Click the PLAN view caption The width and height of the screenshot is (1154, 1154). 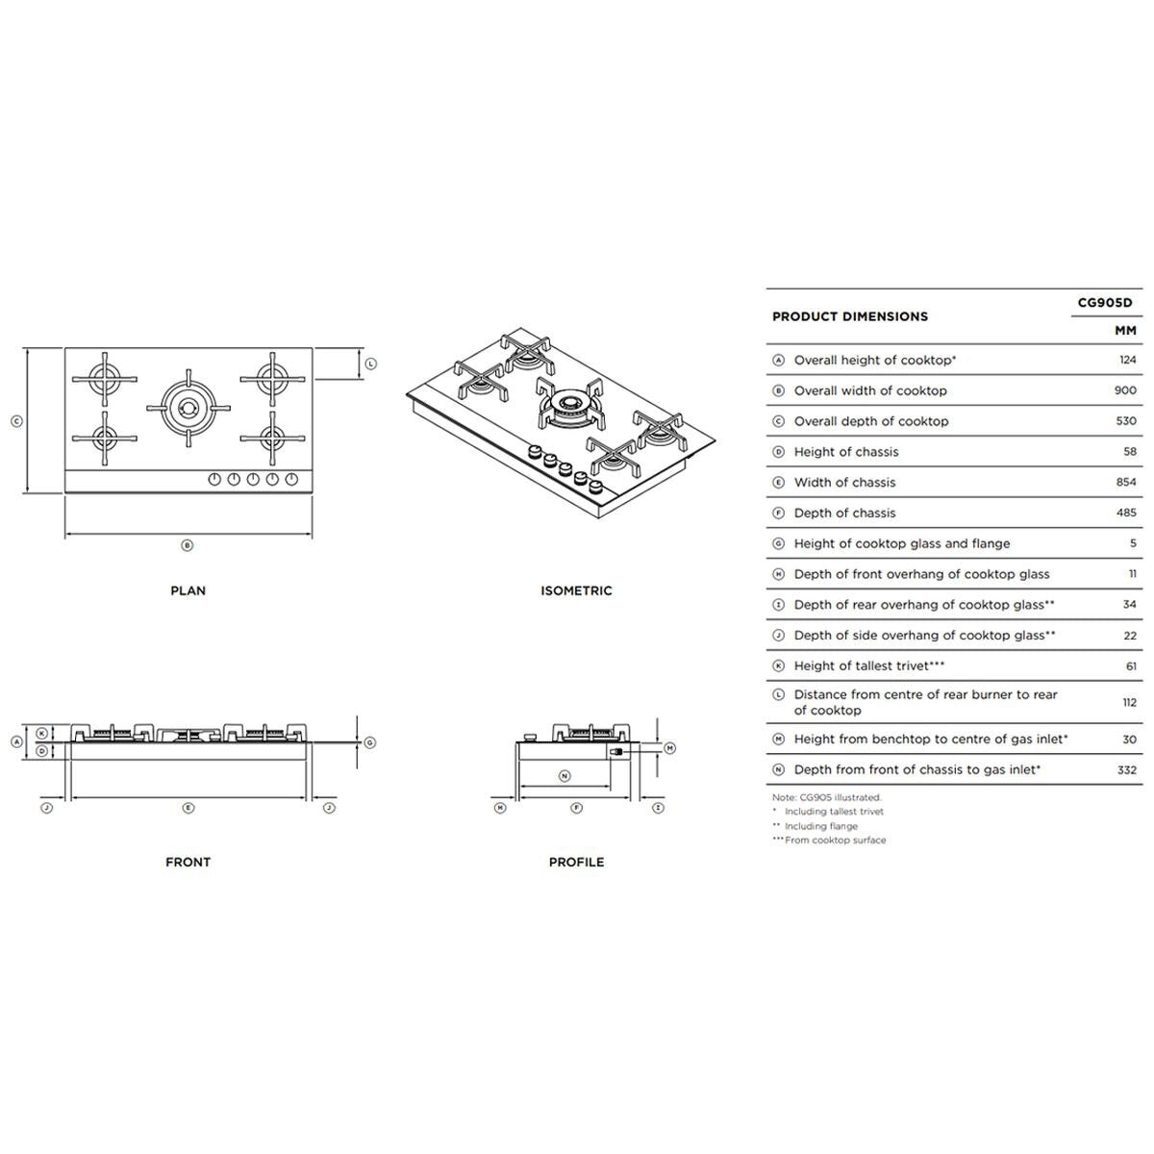coord(188,590)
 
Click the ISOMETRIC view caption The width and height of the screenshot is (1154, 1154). coord(576,590)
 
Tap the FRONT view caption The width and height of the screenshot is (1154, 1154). coord(188,862)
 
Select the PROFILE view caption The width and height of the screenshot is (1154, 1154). coord(576,862)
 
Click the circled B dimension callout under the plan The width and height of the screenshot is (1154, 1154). coord(188,545)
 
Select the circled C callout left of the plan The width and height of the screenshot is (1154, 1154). coord(16,421)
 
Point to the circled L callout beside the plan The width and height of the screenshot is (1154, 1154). coord(371,364)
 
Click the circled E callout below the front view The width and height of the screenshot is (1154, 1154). coord(188,808)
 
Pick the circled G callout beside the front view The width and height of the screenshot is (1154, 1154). coord(370,742)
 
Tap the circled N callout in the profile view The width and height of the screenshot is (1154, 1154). coord(564,775)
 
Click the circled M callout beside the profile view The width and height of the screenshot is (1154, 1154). coord(670,747)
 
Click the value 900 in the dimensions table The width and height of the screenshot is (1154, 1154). coord(1124,390)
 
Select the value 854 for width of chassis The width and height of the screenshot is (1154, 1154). coord(1124,482)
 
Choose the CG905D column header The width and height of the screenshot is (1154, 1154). coord(1105,303)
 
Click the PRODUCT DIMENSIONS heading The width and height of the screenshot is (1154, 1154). coord(850,316)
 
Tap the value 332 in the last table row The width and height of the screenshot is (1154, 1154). coord(1125,769)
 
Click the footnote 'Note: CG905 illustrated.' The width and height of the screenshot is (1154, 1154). coord(827,797)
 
